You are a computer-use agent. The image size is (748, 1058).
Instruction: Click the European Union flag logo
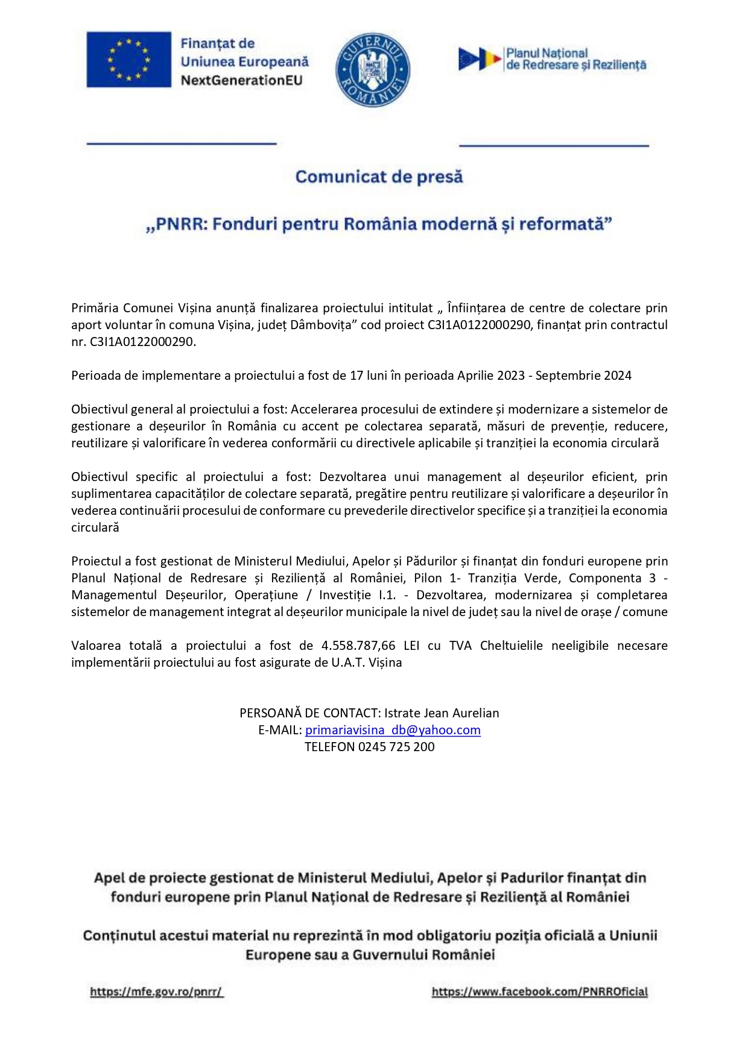128,60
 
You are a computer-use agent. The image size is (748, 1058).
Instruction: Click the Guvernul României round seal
372,69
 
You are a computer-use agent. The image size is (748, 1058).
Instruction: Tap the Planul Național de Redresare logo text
575,59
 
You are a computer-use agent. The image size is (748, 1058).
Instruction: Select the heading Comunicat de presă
379,177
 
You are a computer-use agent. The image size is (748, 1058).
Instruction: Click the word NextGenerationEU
241,80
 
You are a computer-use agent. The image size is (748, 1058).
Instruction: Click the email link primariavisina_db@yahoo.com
393,730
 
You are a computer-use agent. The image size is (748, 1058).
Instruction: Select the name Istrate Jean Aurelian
442,713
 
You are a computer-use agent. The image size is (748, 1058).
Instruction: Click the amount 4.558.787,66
358,646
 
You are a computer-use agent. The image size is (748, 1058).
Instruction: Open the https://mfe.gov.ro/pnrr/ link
156,992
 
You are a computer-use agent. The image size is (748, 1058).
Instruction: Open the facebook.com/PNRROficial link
539,992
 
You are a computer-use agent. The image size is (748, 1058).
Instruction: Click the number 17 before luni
356,376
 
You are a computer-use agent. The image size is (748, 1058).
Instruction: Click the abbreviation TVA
460,646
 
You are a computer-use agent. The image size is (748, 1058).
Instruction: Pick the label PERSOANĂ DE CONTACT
309,713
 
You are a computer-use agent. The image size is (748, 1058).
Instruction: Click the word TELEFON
329,747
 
